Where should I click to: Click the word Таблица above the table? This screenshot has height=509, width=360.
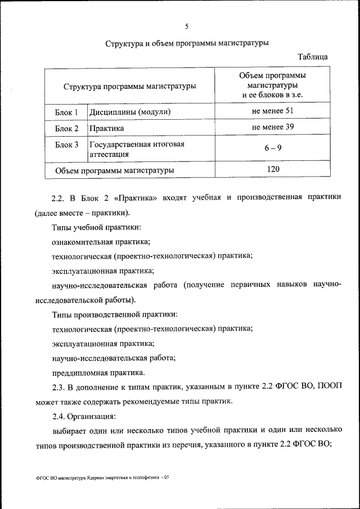[x=313, y=57]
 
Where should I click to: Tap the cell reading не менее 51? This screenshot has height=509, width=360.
[x=273, y=111]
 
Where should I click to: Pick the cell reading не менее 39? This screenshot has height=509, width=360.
[x=273, y=127]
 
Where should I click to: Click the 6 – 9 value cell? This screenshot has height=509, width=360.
[x=273, y=148]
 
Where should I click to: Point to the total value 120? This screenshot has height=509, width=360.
[x=273, y=169]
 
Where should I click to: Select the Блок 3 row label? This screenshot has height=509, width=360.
[x=66, y=145]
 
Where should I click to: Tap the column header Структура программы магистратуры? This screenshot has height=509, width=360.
[x=130, y=87]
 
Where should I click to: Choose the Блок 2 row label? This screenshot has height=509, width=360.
[x=66, y=128]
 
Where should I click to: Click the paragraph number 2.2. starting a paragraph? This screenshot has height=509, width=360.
[x=59, y=199]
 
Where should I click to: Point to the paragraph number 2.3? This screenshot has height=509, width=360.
[x=59, y=388]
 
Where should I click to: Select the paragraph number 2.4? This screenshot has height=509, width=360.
[x=59, y=417]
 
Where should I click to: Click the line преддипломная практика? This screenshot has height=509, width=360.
[x=98, y=372]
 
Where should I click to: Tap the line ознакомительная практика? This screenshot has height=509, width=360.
[x=101, y=242]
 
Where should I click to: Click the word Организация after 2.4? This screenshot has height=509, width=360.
[x=91, y=417]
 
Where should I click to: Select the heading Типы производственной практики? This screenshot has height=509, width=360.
[x=115, y=314]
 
